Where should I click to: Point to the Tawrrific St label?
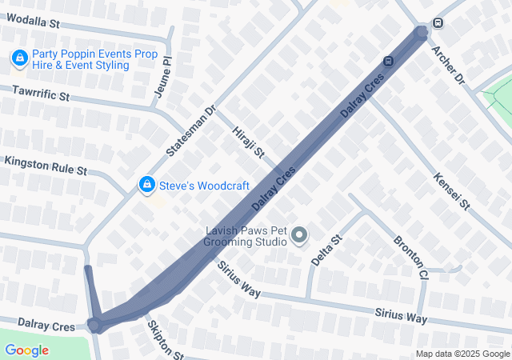pyautogui.click(x=41, y=94)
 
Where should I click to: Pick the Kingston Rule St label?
pyautogui.click(x=45, y=166)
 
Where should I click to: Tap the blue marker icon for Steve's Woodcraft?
pyautogui.click(x=146, y=185)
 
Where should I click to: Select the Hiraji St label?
pyautogui.click(x=248, y=142)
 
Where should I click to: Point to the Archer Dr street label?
pyautogui.click(x=448, y=65)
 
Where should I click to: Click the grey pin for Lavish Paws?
pyautogui.click(x=299, y=235)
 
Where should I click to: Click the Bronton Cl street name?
pyautogui.click(x=410, y=257)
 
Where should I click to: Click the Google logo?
pyautogui.click(x=26, y=350)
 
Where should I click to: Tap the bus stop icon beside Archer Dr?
pyautogui.click(x=438, y=22)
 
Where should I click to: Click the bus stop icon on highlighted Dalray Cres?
pyautogui.click(x=388, y=61)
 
